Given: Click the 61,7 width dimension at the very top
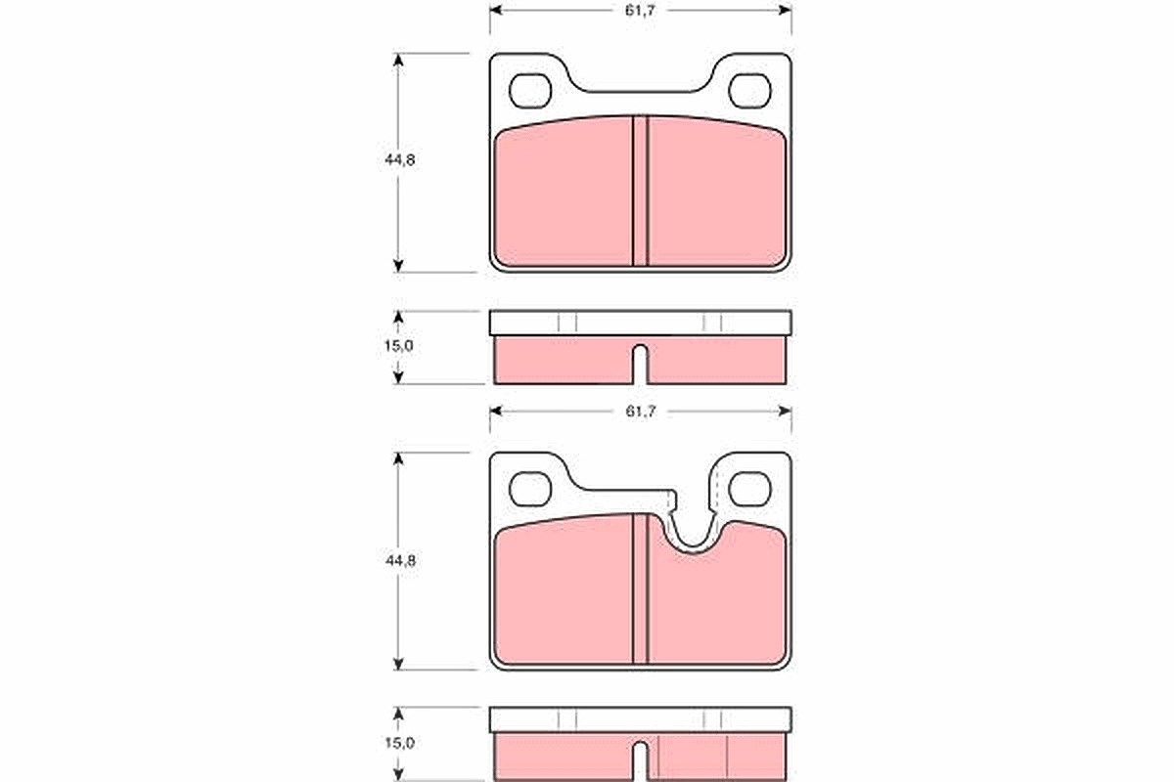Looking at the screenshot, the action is (x=640, y=11).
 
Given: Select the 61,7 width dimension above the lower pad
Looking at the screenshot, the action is (x=640, y=412).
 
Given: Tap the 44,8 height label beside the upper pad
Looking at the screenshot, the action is (x=400, y=160).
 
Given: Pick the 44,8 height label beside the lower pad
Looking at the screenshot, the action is (x=400, y=561).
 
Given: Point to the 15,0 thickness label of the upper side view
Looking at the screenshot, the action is (x=399, y=346).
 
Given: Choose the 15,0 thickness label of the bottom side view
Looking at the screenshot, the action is (x=399, y=743).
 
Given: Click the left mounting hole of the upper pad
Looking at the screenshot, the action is (x=530, y=91).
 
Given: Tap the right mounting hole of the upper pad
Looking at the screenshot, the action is (x=750, y=91).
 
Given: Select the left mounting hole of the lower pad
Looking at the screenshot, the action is (x=530, y=489).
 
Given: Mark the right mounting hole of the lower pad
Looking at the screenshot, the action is (x=750, y=489).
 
